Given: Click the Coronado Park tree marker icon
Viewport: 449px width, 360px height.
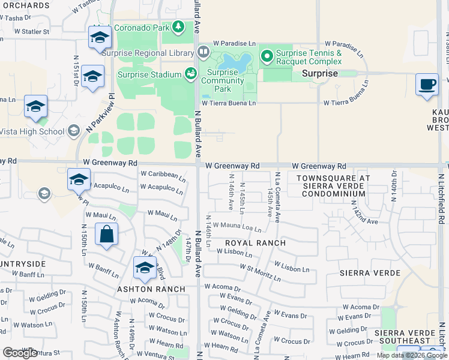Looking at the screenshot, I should coord(178,27).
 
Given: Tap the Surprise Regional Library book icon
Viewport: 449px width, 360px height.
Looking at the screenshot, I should coord(203,52).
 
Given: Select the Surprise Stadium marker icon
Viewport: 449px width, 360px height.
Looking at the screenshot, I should coord(191,74).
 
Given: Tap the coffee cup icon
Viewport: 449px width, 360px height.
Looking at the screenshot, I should coord(427,84).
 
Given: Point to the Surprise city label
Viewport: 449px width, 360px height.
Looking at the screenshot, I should coord(319,73).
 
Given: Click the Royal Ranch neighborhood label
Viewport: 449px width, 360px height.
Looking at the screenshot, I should coord(255,243).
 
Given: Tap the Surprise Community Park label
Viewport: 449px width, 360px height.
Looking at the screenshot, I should coord(222,81).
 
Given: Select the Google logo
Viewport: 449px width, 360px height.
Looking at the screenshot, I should coord(20,353).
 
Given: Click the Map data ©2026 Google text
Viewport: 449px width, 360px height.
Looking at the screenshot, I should coord(412,355).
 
